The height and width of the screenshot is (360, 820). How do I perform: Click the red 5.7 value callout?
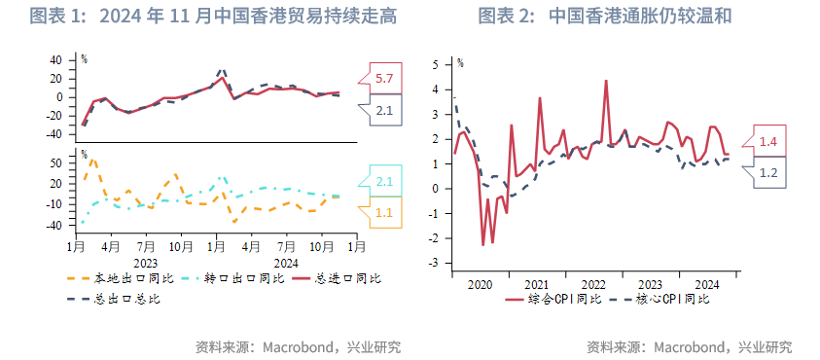pos(384,78)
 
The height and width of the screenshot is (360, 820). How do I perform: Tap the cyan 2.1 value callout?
pos(384,181)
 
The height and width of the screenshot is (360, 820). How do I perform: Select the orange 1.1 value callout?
pos(384,212)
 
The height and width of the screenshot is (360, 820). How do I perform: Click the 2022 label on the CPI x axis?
pos(594,285)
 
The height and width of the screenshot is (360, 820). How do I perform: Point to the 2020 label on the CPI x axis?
pos(481,285)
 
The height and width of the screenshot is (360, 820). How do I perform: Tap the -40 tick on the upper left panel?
pos(54,134)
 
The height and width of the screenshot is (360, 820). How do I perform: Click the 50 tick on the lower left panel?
pos(56,162)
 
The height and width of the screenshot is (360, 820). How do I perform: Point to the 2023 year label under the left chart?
pos(146,262)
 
